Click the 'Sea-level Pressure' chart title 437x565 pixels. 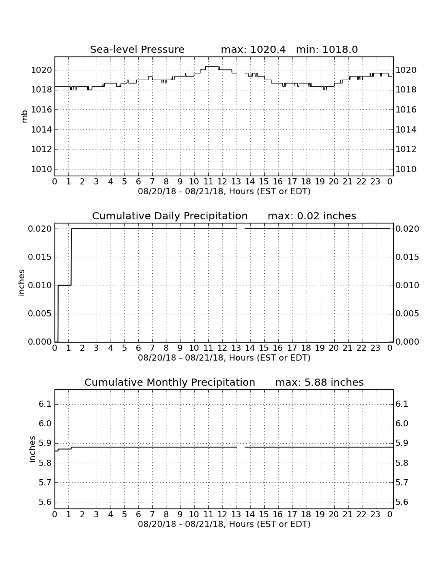(x=137, y=49)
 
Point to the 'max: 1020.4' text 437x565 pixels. (x=253, y=49)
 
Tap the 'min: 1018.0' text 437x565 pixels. (x=327, y=49)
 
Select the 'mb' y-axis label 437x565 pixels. (x=25, y=117)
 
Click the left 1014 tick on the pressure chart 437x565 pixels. (x=42, y=129)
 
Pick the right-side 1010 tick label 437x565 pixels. (x=406, y=169)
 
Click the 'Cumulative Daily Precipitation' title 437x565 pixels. (x=170, y=216)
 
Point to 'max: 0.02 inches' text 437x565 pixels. (x=312, y=216)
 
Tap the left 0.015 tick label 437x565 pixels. (x=40, y=257)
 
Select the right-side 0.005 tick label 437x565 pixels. (x=407, y=313)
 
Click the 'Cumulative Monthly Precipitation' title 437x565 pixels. (x=170, y=382)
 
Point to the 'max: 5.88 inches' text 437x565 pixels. (x=319, y=382)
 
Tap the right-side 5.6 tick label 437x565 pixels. (x=402, y=502)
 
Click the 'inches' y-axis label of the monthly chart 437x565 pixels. (x=32, y=449)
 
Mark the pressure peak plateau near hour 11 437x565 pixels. (x=212, y=67)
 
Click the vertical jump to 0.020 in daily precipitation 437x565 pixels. (x=71, y=257)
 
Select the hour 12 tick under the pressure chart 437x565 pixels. (x=222, y=182)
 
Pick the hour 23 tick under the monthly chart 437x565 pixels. (x=375, y=515)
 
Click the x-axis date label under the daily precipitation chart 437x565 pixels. (x=224, y=358)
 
